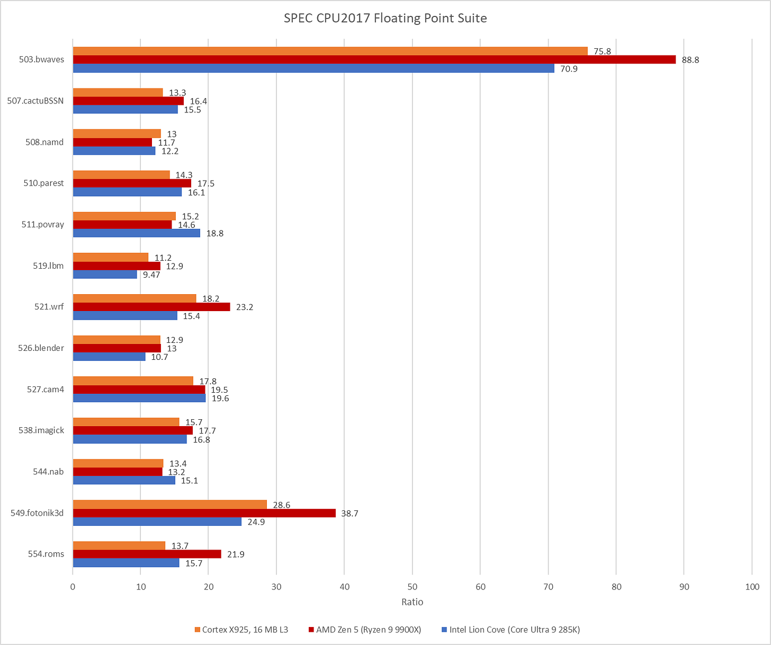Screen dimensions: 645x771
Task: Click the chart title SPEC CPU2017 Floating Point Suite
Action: click(x=385, y=19)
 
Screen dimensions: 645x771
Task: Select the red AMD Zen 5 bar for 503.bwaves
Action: click(x=374, y=59)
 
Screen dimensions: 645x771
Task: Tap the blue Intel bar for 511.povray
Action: click(x=136, y=233)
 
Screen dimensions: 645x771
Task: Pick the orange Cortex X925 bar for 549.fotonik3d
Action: click(x=169, y=505)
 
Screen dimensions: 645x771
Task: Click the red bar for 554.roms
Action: click(x=147, y=554)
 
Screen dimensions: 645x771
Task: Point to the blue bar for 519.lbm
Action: click(x=104, y=275)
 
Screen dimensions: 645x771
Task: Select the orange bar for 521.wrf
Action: click(x=134, y=298)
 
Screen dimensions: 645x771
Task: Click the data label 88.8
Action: click(x=690, y=60)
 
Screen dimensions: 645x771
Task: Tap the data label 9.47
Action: click(x=151, y=275)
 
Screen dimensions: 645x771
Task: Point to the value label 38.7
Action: click(x=349, y=514)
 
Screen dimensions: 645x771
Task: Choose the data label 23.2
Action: click(x=245, y=307)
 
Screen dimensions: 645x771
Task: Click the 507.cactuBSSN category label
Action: click(x=35, y=101)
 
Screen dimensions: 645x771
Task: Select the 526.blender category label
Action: click(x=41, y=348)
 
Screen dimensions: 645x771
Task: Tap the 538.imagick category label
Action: click(x=41, y=430)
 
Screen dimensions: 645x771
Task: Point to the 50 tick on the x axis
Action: click(x=412, y=587)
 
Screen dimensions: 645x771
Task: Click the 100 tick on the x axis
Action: click(x=752, y=587)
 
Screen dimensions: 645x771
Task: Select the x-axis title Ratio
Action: click(x=412, y=602)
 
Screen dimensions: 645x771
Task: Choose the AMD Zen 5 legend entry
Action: click(x=365, y=630)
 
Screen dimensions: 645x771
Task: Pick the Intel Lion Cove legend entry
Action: click(x=510, y=630)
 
